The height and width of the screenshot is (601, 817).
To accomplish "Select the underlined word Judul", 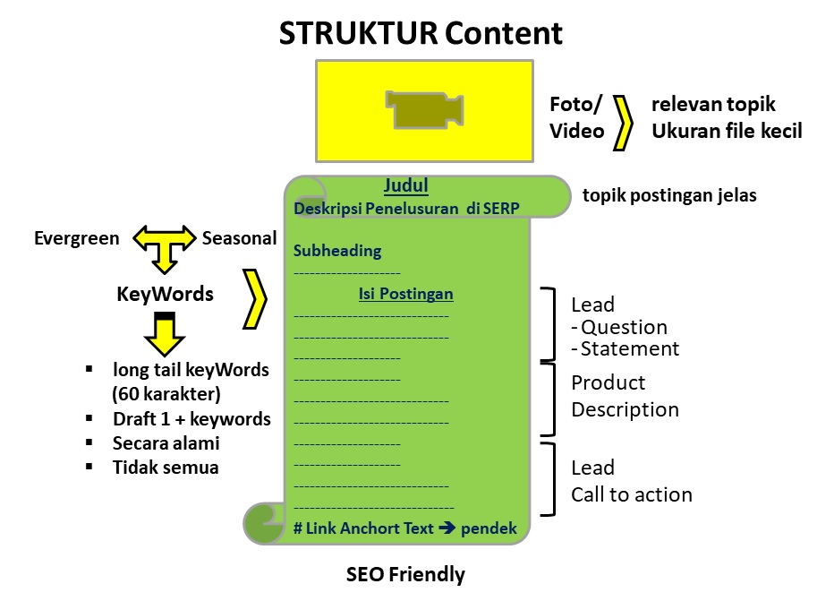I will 406,186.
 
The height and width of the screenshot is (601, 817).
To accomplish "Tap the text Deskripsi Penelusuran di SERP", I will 406,209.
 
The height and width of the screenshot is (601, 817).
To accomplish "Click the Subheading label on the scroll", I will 337,251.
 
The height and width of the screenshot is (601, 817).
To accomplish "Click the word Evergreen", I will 76,238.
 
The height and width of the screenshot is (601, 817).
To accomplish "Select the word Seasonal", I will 239,238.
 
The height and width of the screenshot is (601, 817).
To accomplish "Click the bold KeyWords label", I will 165,294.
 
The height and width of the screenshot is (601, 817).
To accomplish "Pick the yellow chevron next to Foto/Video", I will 625,117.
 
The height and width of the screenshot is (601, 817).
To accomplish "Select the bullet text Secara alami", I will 166,442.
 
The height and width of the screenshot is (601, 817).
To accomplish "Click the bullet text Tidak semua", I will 166,467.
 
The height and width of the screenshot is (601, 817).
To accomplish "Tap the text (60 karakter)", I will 167,393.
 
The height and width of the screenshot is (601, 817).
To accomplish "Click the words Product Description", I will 625,396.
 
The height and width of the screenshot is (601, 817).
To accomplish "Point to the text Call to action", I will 632,494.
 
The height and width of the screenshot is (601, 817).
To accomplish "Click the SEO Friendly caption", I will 405,574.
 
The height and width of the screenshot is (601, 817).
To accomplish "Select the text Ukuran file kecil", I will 726,131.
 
